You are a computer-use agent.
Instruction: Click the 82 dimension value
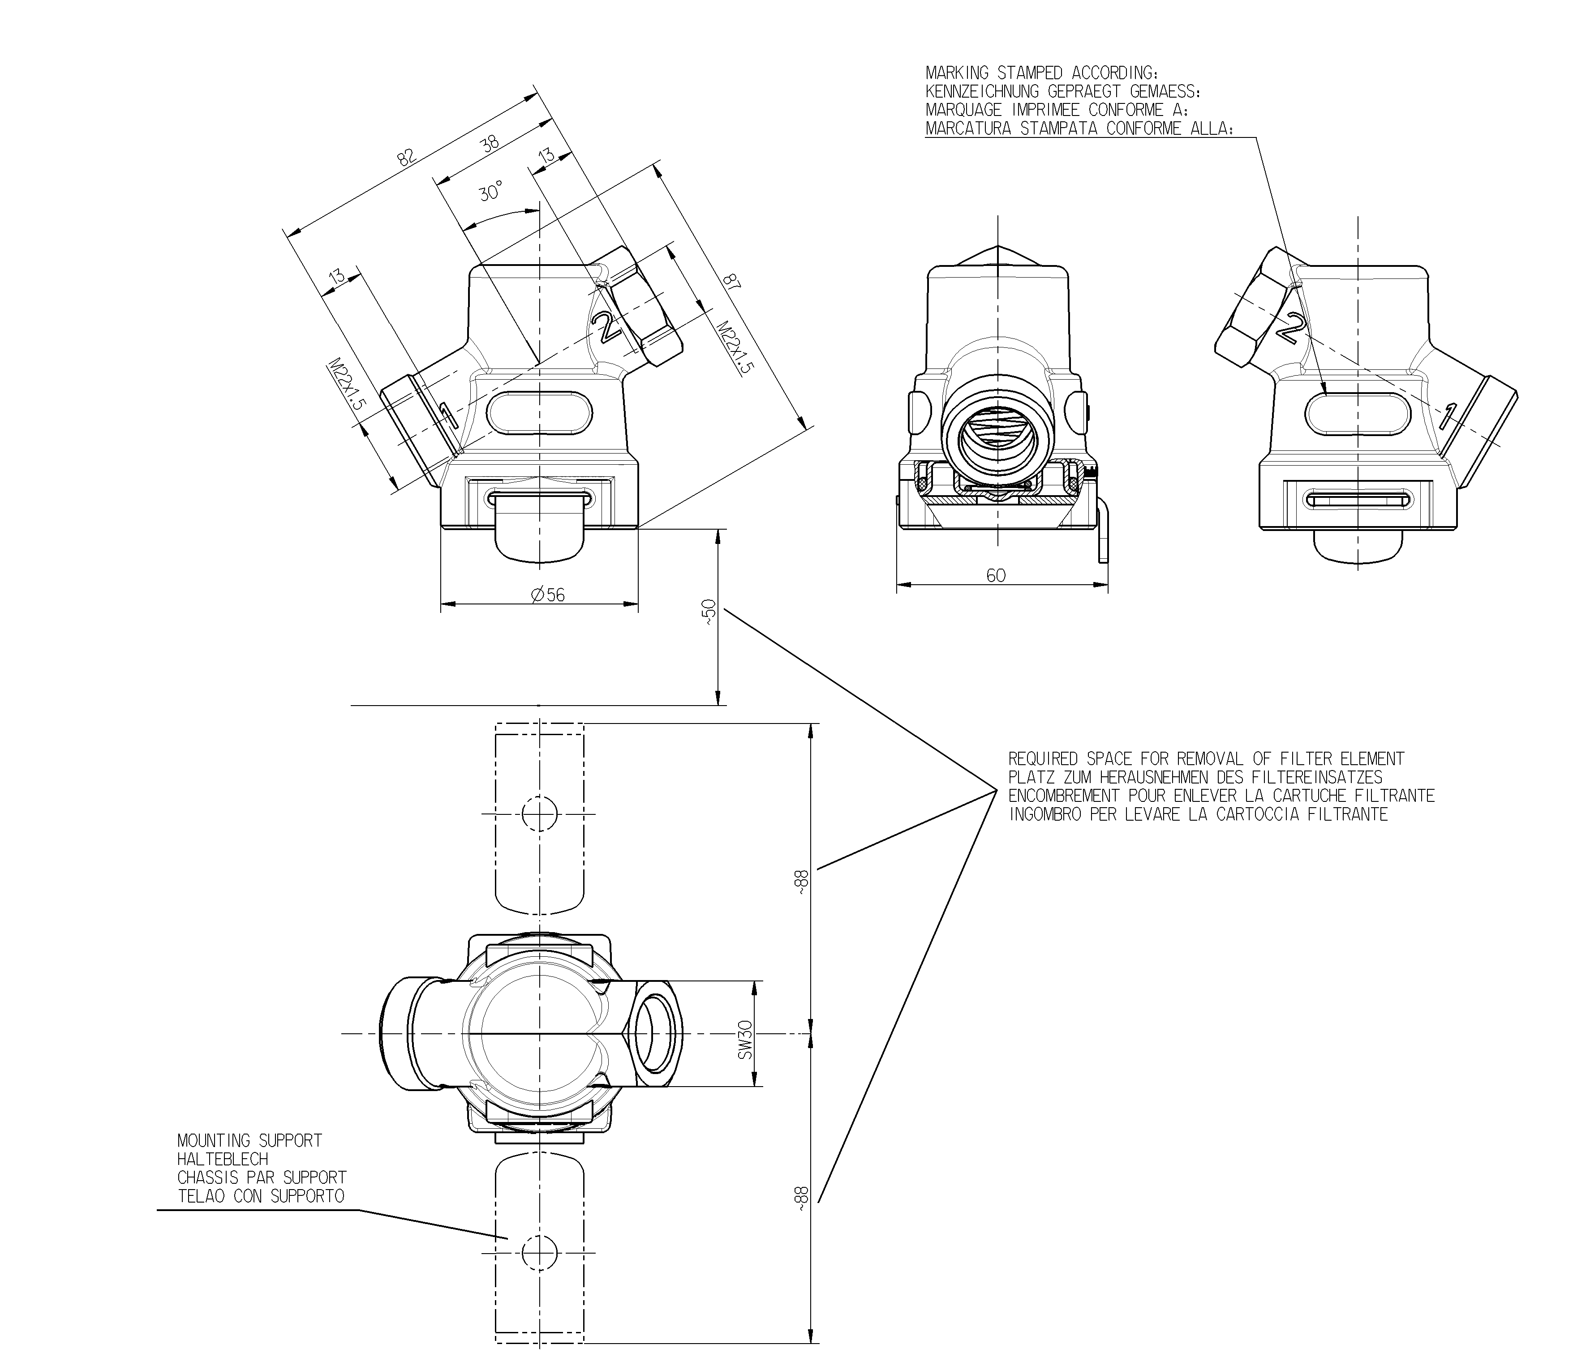tap(406, 157)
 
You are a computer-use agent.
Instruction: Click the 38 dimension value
tap(489, 142)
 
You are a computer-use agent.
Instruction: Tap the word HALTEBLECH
tap(223, 1159)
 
